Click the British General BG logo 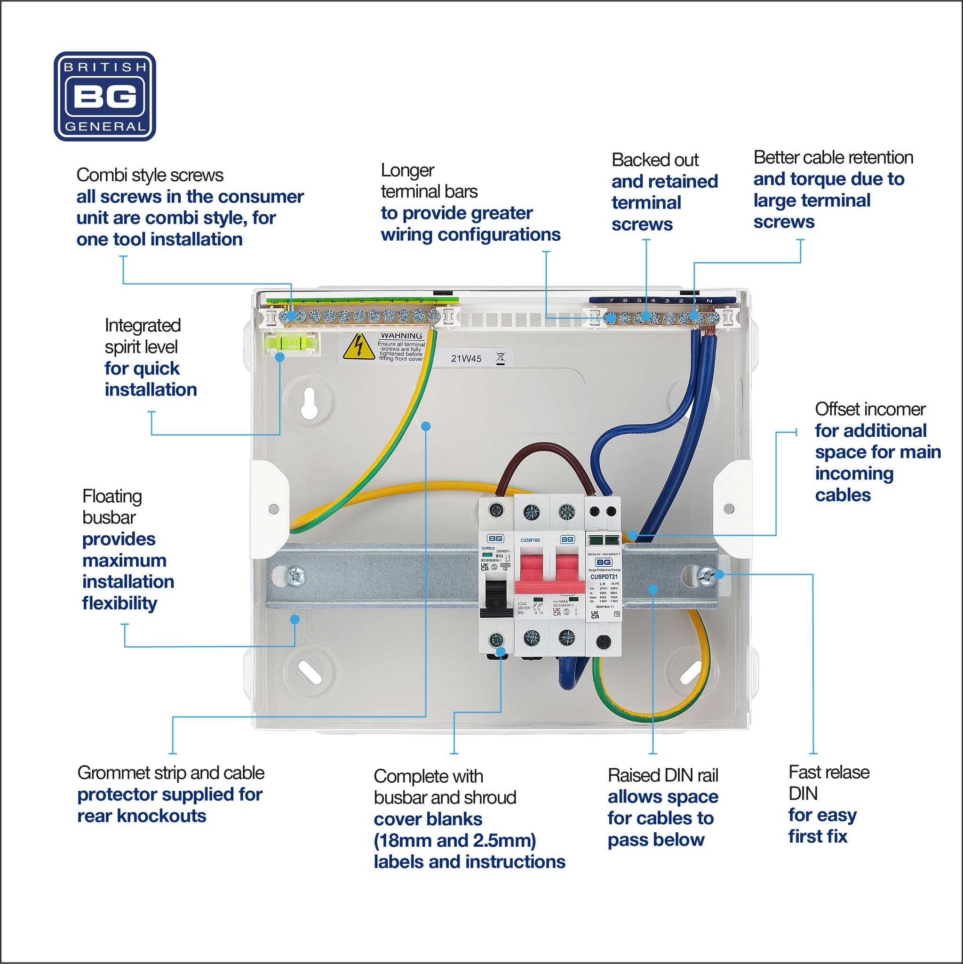[105, 96]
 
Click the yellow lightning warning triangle [358, 346]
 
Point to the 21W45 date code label [466, 358]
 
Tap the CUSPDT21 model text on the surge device [604, 577]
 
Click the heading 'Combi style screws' [150, 175]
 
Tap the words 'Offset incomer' [870, 409]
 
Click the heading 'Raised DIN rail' [662, 775]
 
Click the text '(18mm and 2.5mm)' [454, 841]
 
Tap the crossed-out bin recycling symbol [501, 357]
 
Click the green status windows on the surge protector [604, 539]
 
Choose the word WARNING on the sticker [401, 336]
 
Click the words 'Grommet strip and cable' [171, 773]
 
